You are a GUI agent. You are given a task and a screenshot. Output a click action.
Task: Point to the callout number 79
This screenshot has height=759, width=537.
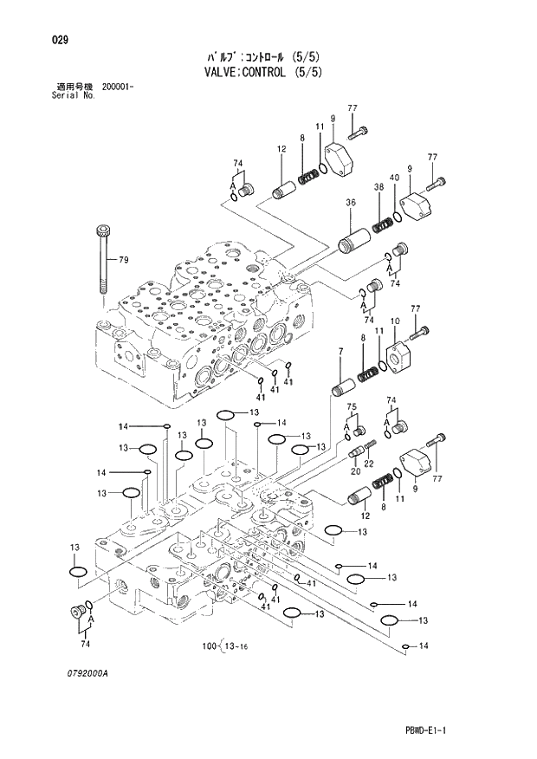click(123, 259)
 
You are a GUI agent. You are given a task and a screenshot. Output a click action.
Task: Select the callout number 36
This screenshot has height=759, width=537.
click(351, 203)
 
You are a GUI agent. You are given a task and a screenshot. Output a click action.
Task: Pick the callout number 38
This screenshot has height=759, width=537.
click(378, 187)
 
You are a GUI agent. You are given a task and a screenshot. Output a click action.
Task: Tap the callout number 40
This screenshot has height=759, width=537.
click(394, 178)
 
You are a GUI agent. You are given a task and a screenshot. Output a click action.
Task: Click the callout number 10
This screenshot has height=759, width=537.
click(394, 321)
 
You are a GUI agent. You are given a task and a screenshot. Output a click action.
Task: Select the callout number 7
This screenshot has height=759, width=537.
click(340, 351)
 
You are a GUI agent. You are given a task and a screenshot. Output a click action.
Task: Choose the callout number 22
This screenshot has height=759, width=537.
click(368, 464)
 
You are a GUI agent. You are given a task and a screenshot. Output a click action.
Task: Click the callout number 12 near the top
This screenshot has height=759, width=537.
click(281, 149)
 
